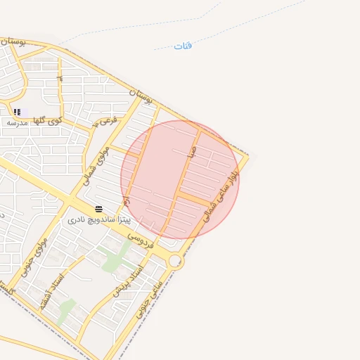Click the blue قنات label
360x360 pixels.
point(183,46)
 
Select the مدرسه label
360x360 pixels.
point(17,122)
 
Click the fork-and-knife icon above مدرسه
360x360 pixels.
point(17,112)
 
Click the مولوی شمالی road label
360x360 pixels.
point(98,162)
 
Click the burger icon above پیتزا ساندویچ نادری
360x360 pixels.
point(99,209)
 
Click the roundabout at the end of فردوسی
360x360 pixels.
point(176,262)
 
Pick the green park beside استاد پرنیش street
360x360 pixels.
point(117,257)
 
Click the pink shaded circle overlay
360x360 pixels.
point(179,179)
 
